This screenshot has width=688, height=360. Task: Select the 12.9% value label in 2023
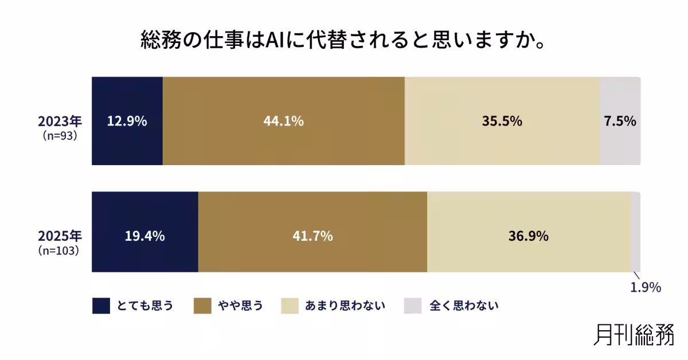(x=127, y=122)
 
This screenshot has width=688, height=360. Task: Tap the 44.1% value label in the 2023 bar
(x=283, y=122)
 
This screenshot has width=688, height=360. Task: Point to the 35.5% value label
(x=502, y=122)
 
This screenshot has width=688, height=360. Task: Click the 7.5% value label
(x=620, y=122)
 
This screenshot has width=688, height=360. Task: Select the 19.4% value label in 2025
(x=145, y=236)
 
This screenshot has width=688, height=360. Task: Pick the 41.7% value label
(x=312, y=236)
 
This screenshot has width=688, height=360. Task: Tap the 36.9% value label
(x=529, y=236)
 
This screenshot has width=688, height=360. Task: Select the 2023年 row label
(x=60, y=121)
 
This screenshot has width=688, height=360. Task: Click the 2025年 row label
(x=60, y=236)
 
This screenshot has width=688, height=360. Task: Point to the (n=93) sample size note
(x=60, y=136)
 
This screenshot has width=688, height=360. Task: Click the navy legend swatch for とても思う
(x=101, y=306)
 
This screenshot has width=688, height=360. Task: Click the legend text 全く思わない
(x=464, y=306)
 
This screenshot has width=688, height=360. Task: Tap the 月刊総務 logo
(x=634, y=335)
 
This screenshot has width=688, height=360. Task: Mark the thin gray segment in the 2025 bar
(x=635, y=232)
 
